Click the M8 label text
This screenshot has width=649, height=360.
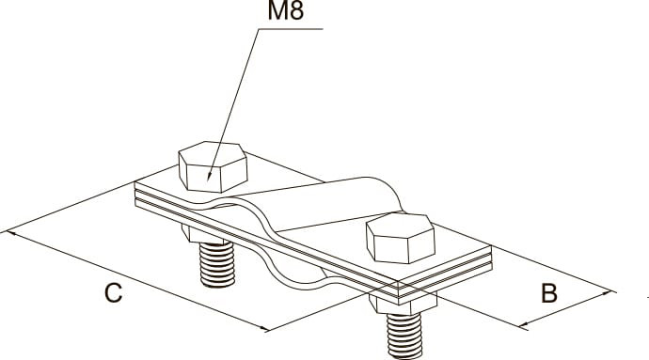pyautogui.click(x=286, y=10)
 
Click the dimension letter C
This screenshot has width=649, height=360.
pyautogui.click(x=113, y=293)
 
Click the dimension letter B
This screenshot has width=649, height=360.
pyautogui.click(x=549, y=293)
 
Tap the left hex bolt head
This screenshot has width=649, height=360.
pyautogui.click(x=213, y=166)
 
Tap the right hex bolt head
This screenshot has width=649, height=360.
pyautogui.click(x=401, y=238)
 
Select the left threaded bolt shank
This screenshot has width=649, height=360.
pyautogui.click(x=217, y=265)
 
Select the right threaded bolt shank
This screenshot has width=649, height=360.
pyautogui.click(x=404, y=336)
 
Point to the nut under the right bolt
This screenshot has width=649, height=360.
pyautogui.click(x=403, y=304)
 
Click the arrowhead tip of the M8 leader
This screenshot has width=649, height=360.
pyautogui.click(x=208, y=180)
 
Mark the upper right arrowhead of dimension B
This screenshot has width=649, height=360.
pyautogui.click(x=611, y=292)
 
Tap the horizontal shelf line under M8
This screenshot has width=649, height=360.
pyautogui.click(x=291, y=29)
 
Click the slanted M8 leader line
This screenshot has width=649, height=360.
pyautogui.click(x=233, y=104)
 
